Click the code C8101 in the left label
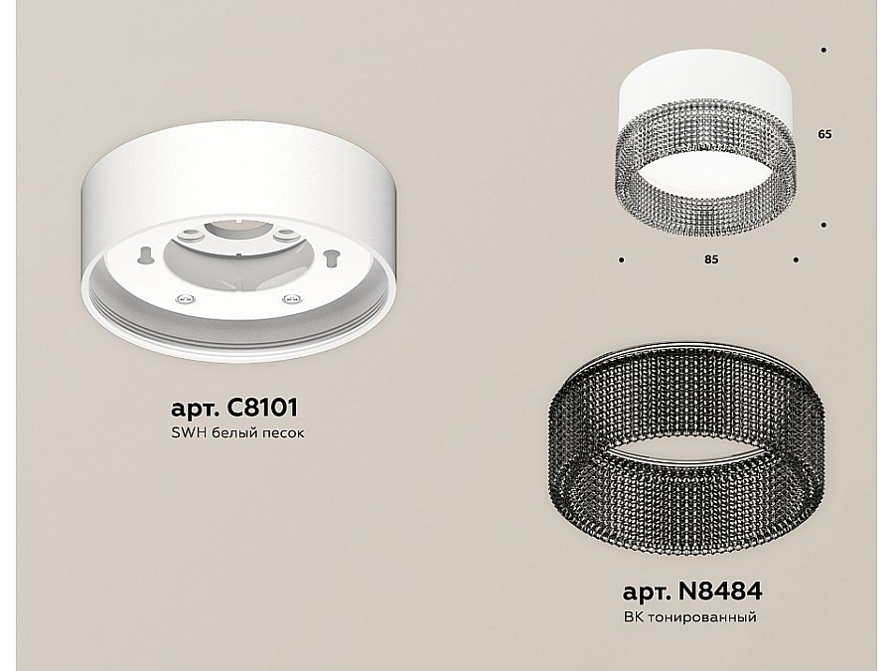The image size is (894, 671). [x=262, y=408]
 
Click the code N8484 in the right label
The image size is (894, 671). [x=719, y=591]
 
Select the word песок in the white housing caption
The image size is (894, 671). [x=282, y=433]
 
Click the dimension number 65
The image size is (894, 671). [x=824, y=134]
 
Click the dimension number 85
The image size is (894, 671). [x=711, y=259]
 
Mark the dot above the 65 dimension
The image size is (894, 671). [x=823, y=51]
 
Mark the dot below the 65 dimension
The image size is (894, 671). [x=823, y=226]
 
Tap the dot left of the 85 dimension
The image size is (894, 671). [x=622, y=260]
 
